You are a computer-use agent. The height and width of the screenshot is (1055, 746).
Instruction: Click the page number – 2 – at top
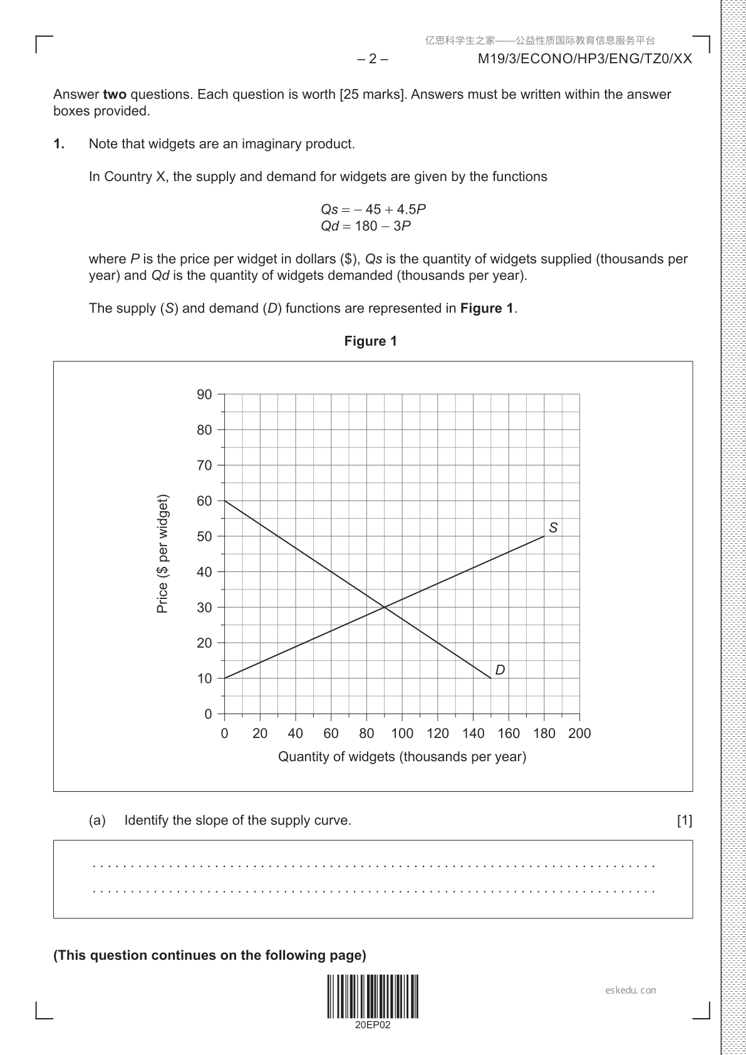373,59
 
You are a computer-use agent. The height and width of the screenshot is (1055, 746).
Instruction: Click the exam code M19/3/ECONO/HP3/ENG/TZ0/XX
584,59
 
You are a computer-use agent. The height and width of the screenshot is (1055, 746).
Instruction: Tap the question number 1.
59,144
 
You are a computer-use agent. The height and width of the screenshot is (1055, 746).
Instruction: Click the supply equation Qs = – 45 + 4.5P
373,209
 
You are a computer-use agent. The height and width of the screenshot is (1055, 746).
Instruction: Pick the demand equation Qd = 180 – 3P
366,226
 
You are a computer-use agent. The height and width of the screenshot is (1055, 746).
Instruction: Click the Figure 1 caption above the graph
370,341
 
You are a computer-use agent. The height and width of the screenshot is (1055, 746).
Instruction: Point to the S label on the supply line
553,527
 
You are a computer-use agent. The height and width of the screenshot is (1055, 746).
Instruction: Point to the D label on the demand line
500,670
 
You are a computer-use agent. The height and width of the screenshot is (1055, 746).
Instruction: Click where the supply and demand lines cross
384,607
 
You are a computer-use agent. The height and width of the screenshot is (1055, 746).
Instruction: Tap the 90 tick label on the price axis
204,395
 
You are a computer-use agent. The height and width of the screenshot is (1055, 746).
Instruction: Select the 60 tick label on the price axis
204,501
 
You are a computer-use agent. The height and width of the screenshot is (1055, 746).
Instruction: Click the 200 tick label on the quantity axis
579,734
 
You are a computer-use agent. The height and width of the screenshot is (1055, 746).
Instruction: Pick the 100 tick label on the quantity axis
401,734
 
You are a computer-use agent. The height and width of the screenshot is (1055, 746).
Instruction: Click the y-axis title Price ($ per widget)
162,554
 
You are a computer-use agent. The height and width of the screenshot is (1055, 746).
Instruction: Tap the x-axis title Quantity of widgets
401,757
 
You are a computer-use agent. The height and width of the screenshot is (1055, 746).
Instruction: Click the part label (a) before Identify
97,821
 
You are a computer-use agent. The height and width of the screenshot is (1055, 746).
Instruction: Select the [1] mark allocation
685,821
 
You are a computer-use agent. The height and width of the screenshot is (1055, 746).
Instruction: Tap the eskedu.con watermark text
631,990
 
